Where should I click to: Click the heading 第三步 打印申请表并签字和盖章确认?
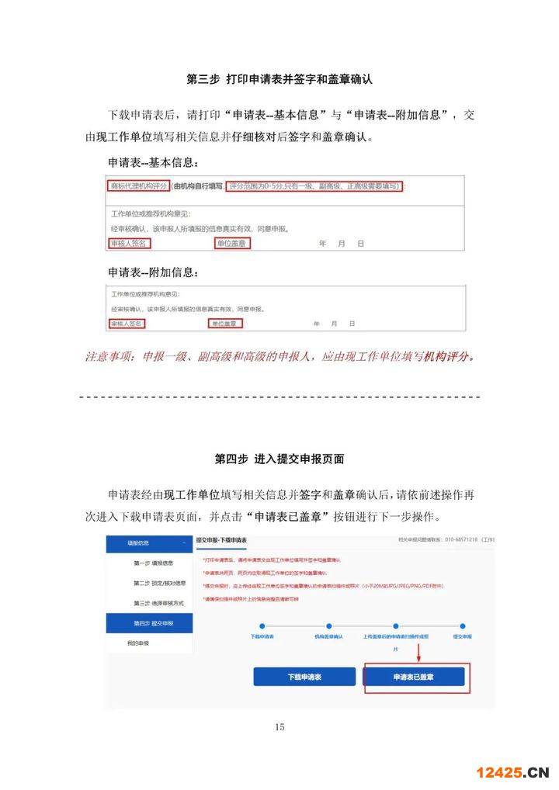[279, 79]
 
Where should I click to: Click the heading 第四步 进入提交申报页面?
[279, 459]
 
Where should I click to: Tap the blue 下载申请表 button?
[303, 677]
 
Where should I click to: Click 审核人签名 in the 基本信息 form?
[129, 244]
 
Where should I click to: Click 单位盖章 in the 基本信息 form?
[232, 244]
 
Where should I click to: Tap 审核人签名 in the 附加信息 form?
[127, 323]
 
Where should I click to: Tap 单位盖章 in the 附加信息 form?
[225, 323]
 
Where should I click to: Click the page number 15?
[279, 727]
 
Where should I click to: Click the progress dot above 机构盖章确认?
[329, 625]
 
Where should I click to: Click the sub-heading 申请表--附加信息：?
[153, 272]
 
